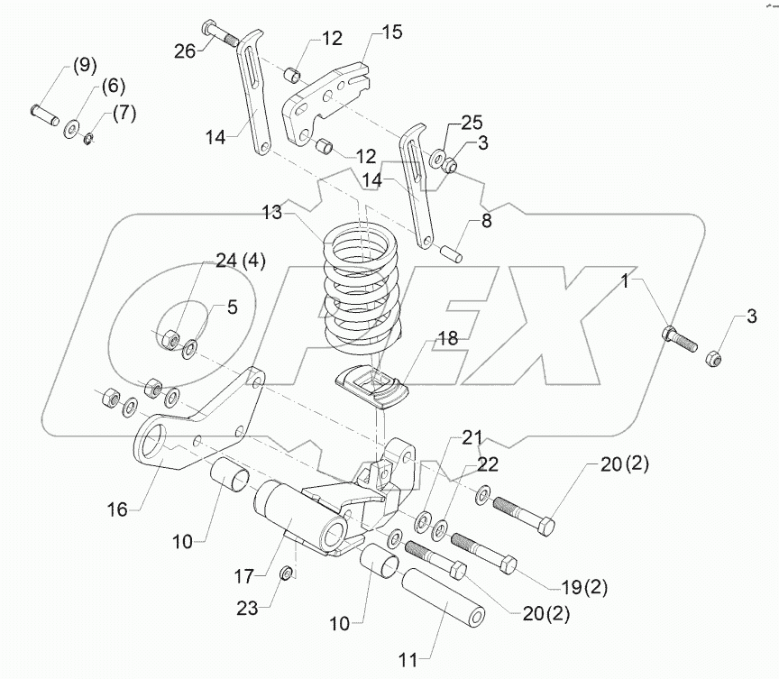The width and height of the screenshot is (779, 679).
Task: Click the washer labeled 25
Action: tap(438, 160)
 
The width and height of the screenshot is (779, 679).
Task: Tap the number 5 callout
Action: tap(232, 306)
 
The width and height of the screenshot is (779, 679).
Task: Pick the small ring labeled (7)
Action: tap(87, 139)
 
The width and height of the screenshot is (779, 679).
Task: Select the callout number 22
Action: tap(486, 464)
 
